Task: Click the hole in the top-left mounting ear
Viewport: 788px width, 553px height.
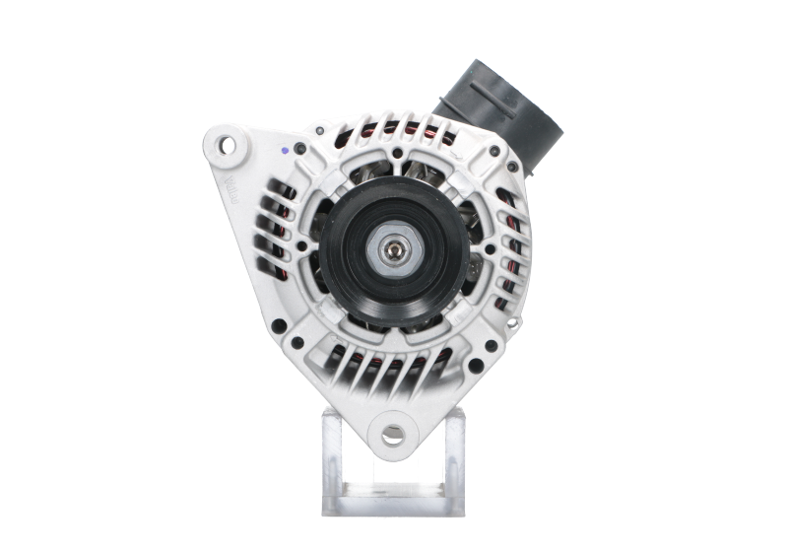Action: click(x=229, y=147)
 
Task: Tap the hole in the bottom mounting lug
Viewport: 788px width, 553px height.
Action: click(x=394, y=431)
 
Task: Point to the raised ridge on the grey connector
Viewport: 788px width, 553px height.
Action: click(x=492, y=90)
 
